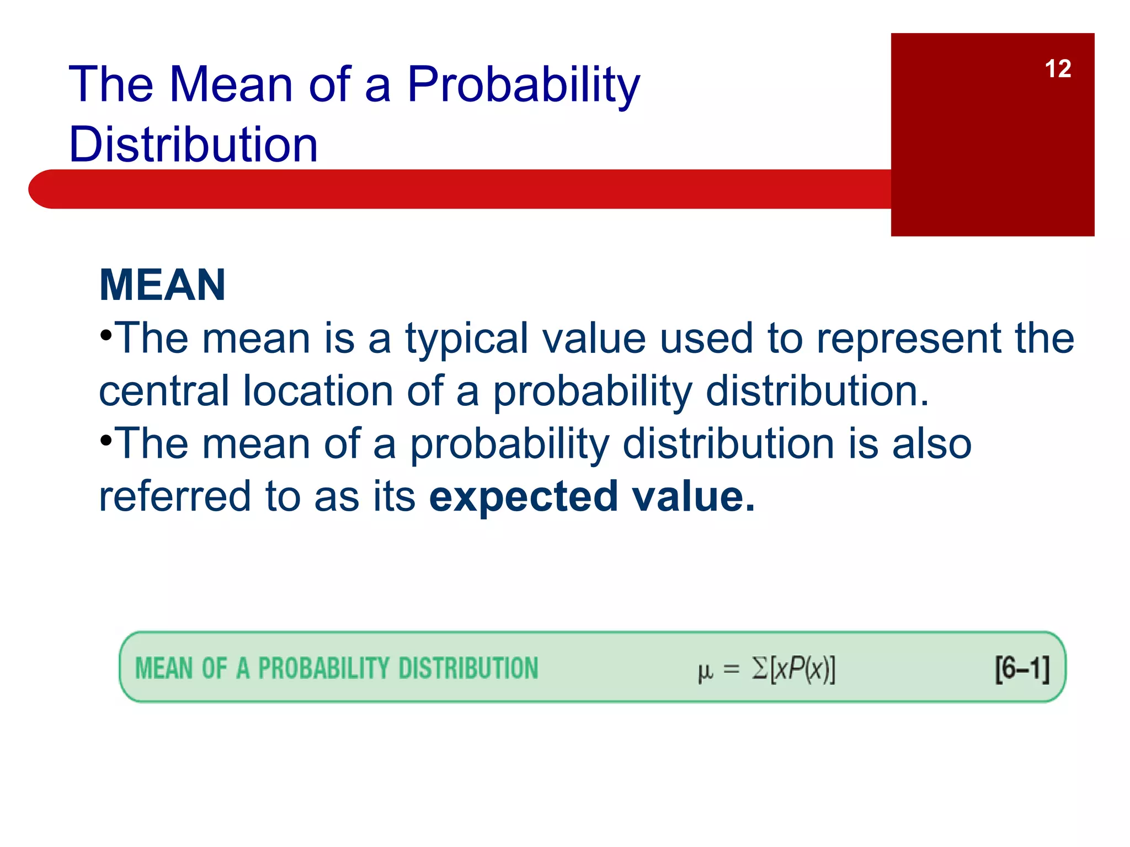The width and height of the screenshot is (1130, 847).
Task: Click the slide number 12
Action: coord(1057,69)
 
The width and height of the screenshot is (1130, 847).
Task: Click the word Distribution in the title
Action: coord(193,144)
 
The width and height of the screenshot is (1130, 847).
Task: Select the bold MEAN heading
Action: coord(162,285)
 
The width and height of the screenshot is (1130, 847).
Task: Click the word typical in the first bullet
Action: coord(467,339)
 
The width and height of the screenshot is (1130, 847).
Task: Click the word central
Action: coord(163,391)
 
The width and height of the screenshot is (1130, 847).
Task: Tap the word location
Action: coord(318,391)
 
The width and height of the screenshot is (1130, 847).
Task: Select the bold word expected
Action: coord(523,496)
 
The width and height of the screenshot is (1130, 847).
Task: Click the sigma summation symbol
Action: coord(760,668)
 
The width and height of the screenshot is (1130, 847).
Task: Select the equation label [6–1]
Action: coord(1022,669)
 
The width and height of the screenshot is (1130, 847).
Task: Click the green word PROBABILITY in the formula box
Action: coord(323,668)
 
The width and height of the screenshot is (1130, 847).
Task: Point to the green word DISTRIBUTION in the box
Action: coord(468,668)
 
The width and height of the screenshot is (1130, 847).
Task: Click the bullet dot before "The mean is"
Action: coord(106,335)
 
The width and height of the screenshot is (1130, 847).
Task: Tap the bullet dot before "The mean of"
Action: coord(106,440)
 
